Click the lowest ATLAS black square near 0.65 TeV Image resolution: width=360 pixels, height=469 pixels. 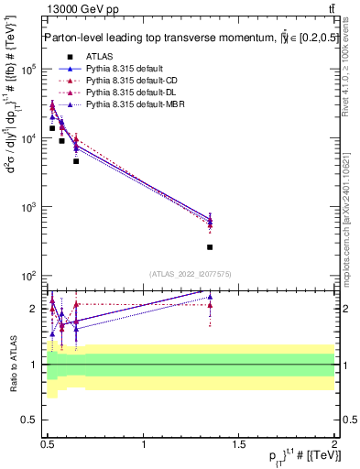point(76,161)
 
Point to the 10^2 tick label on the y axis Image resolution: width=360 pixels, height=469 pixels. point(27,276)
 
